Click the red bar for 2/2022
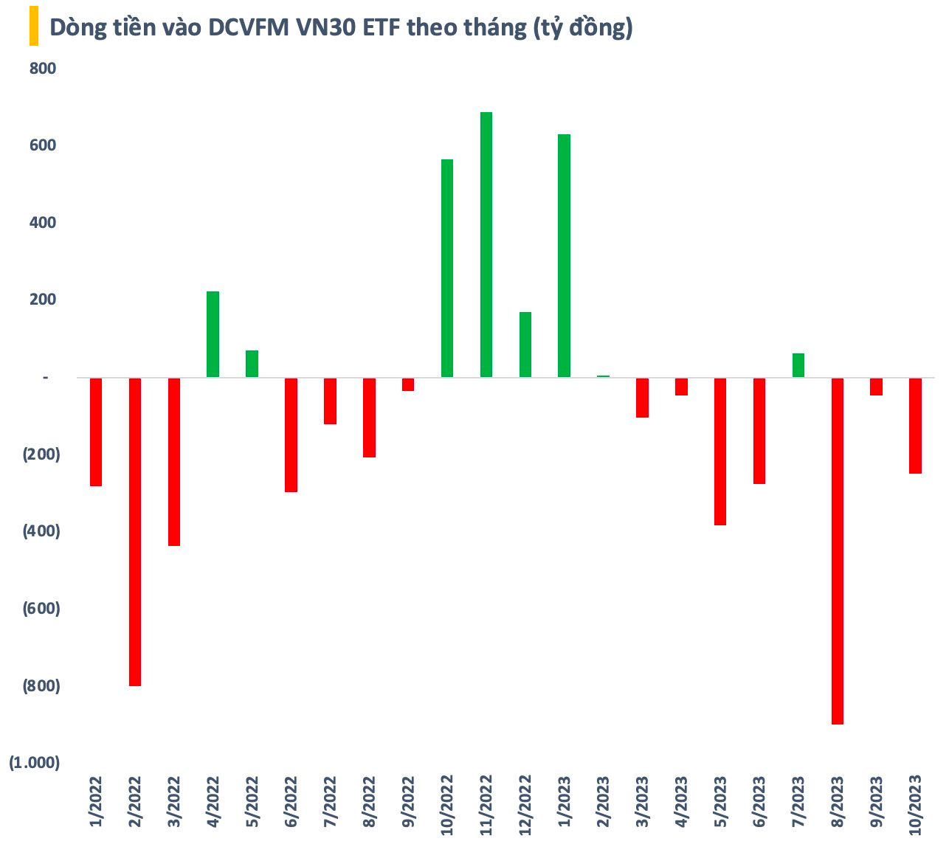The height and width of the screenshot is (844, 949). click(135, 531)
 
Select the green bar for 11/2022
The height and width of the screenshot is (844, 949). click(486, 244)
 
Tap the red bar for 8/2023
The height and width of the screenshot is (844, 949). click(838, 550)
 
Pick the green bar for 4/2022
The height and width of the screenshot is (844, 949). click(213, 334)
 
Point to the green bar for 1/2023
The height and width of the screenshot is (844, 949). click(565, 255)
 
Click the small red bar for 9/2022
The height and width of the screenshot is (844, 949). click(408, 384)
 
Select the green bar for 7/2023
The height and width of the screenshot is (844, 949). click(798, 365)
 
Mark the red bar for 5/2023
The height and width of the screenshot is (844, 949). click(720, 451)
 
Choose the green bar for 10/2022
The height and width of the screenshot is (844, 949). click(447, 268)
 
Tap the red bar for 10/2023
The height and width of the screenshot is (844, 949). click(915, 425)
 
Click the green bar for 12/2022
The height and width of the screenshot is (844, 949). click(525, 345)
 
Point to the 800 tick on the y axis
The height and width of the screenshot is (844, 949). click(43, 69)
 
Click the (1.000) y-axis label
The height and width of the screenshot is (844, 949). click(33, 763)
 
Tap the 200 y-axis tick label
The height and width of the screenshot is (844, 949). click(43, 300)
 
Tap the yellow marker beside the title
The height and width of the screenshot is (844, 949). click(33, 27)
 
